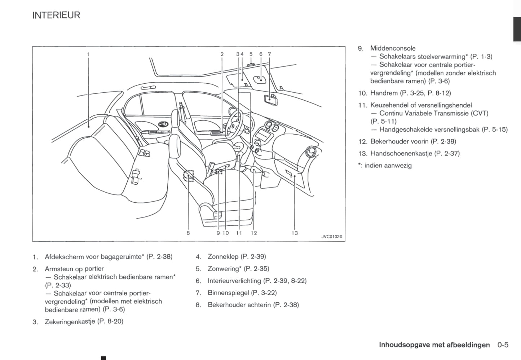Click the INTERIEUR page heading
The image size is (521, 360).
point(56,15)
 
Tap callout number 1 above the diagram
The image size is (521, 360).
point(88,54)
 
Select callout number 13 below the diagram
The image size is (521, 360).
point(295,233)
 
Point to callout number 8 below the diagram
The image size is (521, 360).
point(188,233)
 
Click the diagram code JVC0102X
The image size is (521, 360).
point(332,237)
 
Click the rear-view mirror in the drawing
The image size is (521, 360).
point(271,98)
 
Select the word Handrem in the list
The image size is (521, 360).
point(384,93)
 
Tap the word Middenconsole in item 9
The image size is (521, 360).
point(393,48)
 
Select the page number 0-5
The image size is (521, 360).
point(503,345)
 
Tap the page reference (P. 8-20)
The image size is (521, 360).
point(110,321)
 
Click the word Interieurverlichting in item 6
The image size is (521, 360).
point(234,281)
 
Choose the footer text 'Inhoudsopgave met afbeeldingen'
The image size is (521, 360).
point(434,345)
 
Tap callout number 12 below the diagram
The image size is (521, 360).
point(253,233)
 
